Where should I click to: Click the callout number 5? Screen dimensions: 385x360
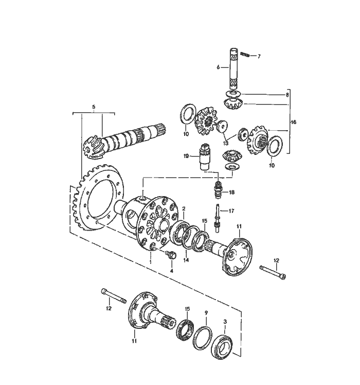pos(93,107)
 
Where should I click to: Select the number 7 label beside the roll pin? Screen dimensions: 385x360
pos(259,56)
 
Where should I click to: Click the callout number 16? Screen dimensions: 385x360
pos(293,123)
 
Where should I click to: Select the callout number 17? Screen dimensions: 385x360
pos(231,211)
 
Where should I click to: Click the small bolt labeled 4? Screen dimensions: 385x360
pos(172,255)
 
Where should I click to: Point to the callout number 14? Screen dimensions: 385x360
pos(186,260)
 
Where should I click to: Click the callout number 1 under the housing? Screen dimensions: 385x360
pos(151,262)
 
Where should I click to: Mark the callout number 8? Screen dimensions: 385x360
pos(287,95)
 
